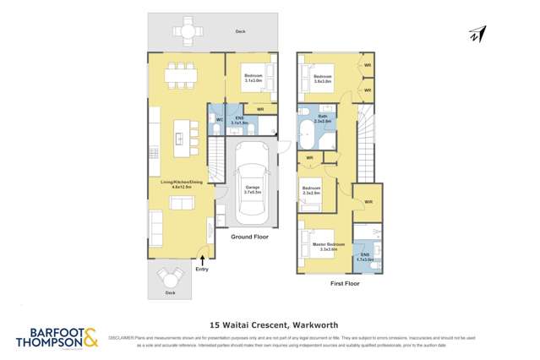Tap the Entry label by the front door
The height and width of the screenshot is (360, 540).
tap(201, 269)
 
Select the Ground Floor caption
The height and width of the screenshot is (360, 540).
tap(249, 237)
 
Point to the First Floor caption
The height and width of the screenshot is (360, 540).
tap(346, 284)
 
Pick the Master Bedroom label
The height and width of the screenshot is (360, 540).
tap(324, 247)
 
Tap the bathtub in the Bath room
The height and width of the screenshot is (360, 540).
tap(304, 133)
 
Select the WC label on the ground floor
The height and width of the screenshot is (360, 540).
tap(219, 119)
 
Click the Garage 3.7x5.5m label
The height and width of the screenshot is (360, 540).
tap(252, 190)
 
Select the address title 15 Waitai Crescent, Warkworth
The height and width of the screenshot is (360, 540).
tap(270, 322)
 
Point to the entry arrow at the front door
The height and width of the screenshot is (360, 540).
tap(201, 259)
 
